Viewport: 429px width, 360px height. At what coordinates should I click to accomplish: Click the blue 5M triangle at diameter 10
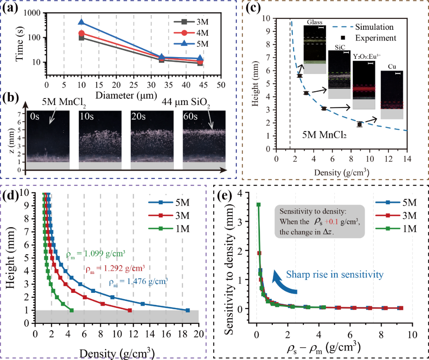(81, 23)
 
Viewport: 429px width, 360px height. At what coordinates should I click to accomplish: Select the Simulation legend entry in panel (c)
(374, 27)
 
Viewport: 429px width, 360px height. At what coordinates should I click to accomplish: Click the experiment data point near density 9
(359, 124)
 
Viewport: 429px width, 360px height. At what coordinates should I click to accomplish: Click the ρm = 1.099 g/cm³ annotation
(95, 254)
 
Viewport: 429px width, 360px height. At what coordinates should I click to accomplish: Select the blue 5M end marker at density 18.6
(188, 310)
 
